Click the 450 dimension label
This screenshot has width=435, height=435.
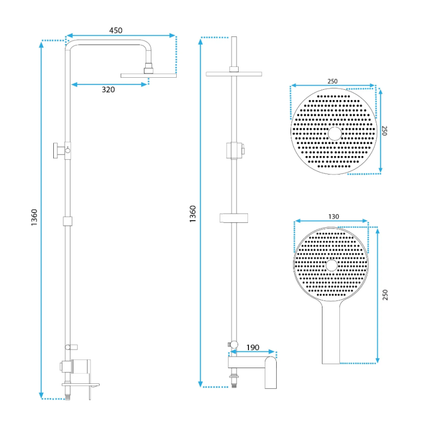pos(116,30)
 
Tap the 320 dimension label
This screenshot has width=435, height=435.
pos(108,90)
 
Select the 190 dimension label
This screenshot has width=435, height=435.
pos(253,347)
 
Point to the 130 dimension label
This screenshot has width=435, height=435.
pos(333,216)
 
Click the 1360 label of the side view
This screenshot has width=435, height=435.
pos(34,217)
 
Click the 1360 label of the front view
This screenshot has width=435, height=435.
pos(192,214)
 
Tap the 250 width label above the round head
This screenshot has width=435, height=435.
pos(332,81)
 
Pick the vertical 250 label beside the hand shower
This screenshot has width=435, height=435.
pos(385,295)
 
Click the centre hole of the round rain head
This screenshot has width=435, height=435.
pos(335,134)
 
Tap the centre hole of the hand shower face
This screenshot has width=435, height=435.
pos(332,265)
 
